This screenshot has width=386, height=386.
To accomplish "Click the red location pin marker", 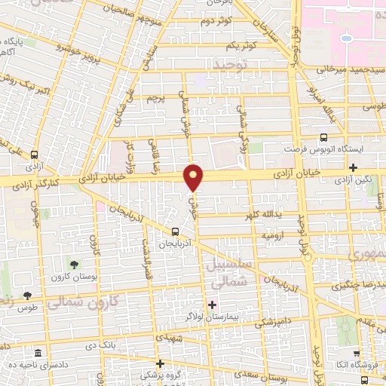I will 194,177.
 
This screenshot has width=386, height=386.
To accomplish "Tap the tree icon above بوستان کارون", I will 75,264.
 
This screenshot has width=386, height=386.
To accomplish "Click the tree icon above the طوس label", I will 27,296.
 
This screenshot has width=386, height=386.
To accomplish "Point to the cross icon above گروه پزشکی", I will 159,363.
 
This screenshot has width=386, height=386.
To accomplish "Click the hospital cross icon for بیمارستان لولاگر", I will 212,305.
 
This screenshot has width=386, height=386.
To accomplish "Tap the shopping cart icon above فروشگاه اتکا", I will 355,351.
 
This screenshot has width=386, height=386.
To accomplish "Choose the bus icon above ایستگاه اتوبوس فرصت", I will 323,138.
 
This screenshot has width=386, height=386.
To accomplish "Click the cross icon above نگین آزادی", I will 353,167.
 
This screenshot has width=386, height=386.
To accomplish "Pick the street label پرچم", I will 155,98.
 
